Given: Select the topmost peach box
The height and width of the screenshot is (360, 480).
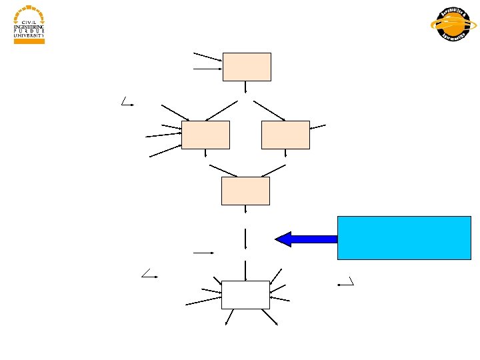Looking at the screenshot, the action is click(247, 67).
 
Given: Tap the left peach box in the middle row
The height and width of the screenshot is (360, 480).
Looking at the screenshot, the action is click(205, 135).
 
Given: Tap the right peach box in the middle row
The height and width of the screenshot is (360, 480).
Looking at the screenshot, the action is click(285, 135).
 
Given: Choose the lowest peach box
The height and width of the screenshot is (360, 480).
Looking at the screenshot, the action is click(245, 191).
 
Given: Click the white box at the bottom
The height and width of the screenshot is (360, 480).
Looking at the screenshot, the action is click(245, 295).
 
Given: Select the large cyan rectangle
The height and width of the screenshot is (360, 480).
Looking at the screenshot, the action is click(404, 237).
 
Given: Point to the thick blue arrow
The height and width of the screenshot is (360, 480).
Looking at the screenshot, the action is click(306, 239).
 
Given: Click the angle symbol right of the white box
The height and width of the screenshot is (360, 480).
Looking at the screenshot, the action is click(346, 281).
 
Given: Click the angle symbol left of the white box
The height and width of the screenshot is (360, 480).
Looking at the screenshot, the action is click(148, 273).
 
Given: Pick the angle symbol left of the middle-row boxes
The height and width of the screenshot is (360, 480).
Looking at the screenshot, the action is click(127, 101).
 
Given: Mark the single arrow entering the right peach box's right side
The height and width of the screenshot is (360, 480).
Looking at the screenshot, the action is click(318, 127).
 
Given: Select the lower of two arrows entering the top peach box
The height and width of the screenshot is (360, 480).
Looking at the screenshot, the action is click(207, 68).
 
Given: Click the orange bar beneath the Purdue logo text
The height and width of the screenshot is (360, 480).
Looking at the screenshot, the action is click(29, 41).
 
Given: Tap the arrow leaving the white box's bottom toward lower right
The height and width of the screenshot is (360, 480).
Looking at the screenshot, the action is click(270, 317).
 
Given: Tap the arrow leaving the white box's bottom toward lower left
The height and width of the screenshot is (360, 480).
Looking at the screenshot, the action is click(229, 317).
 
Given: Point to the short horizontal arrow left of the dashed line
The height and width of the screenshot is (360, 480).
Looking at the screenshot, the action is click(203, 253).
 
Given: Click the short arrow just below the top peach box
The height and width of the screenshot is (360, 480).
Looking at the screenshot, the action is click(246, 87).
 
